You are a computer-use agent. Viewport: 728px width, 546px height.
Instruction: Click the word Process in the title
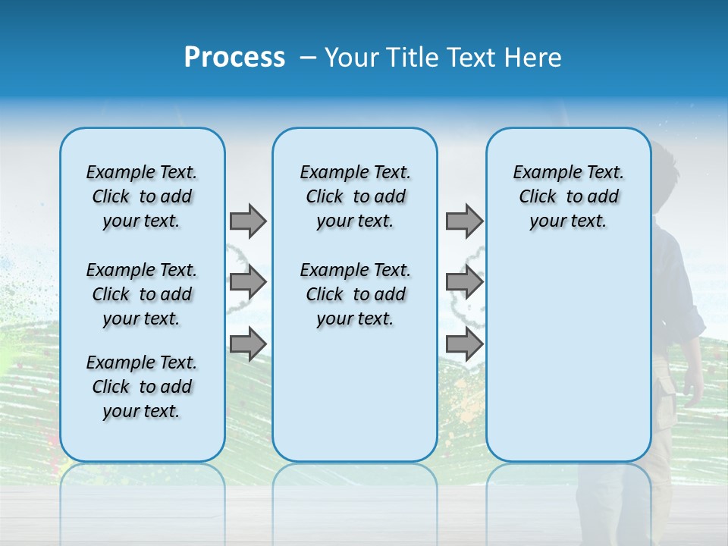[x=234, y=58]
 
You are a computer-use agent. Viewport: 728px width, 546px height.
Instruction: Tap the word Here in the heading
[x=534, y=58]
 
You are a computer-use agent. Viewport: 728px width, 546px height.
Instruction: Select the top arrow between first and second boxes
[x=248, y=221]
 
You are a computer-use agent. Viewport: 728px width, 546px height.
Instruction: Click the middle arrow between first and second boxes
[x=248, y=282]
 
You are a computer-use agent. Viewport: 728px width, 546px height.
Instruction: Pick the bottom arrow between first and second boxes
[x=248, y=344]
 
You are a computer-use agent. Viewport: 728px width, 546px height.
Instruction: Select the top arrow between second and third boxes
[x=464, y=221]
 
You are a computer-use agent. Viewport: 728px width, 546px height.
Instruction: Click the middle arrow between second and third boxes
[x=464, y=282]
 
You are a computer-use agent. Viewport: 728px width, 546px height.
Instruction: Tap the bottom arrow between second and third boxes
[x=464, y=344]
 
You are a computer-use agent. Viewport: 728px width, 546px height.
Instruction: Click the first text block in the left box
[x=142, y=196]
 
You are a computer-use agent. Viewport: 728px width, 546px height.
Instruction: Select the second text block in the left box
[x=142, y=294]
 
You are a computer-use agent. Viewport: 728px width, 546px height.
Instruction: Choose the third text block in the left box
[x=142, y=387]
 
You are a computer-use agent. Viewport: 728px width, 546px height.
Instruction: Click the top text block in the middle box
[x=355, y=196]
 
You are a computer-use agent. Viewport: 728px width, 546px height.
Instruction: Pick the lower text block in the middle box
[x=355, y=294]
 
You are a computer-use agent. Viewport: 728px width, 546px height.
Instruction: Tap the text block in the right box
[x=568, y=196]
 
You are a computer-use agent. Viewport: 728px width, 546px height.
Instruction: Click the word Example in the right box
[x=543, y=172]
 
